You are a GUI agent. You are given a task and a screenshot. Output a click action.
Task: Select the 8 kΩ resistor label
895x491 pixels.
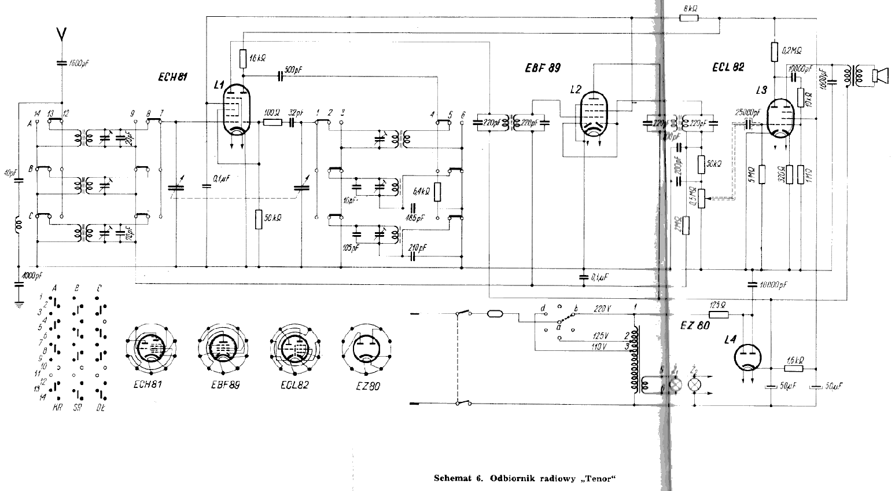[x=691, y=9]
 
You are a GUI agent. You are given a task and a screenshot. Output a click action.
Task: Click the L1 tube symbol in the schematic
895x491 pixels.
[x=236, y=110]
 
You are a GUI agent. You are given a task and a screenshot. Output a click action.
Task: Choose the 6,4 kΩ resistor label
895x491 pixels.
[x=421, y=192]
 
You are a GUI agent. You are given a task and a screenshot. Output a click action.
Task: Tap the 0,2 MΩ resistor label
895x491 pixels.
[x=791, y=51]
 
